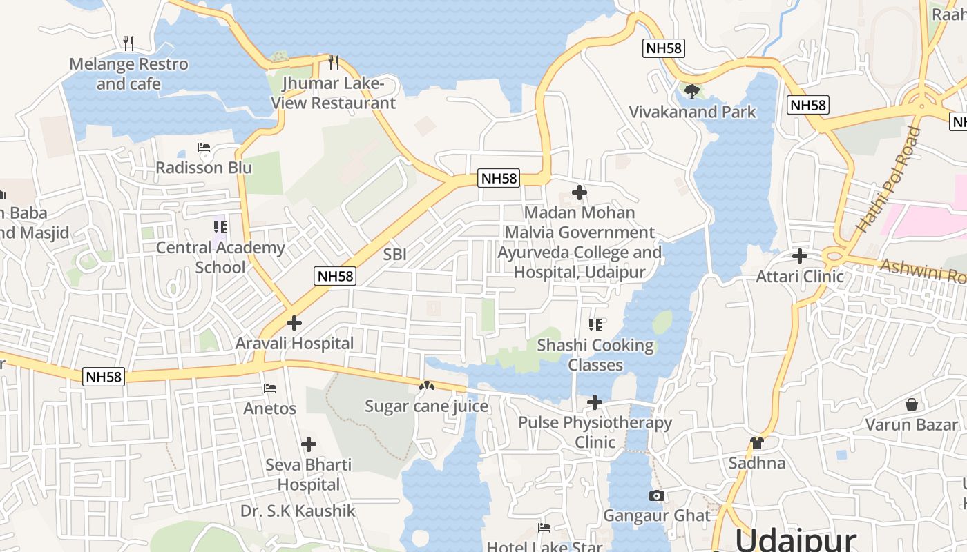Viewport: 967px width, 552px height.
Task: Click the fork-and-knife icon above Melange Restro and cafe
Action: coord(128,43)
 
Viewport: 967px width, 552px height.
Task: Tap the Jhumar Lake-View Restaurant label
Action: coord(333,93)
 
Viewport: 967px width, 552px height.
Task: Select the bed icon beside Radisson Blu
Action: coord(203,148)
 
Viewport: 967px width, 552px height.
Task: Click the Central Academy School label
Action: coord(220,257)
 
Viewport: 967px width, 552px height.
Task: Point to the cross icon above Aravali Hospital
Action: coord(294,323)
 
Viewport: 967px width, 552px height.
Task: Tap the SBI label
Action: coord(394,255)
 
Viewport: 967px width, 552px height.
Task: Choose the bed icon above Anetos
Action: coord(270,389)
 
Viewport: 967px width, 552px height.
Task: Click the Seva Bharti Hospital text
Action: coord(309,474)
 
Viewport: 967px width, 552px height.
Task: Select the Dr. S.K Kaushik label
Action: coord(298,511)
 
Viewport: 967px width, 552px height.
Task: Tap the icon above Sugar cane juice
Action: coord(427,386)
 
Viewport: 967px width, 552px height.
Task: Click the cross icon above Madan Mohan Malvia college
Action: coord(580,193)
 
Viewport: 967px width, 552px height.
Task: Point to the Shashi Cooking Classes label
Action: coord(595,355)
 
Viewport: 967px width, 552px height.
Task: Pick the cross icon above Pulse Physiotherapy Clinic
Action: coord(595,402)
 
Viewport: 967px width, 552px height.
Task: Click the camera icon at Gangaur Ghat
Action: coord(657,495)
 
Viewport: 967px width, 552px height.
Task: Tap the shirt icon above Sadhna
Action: coord(757,443)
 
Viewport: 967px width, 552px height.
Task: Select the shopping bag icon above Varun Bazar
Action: coord(912,404)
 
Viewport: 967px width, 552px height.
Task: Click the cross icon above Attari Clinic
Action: coord(800,256)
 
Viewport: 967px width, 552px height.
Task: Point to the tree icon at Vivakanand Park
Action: coord(692,91)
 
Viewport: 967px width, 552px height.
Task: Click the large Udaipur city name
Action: coord(795,539)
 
